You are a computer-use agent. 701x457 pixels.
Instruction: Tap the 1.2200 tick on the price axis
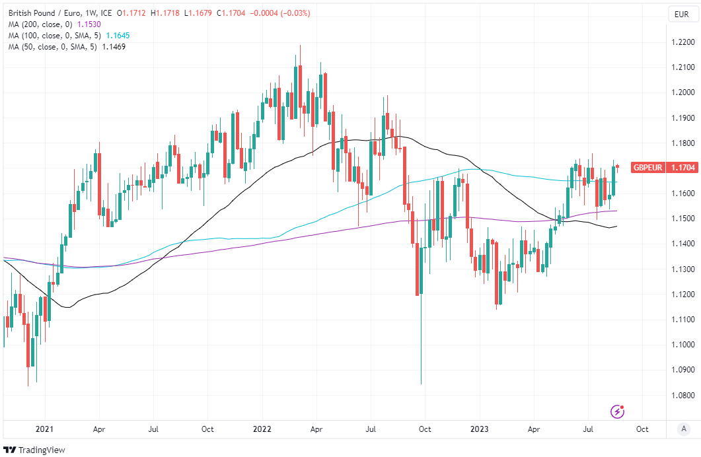681,42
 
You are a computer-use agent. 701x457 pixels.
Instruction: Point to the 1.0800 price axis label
681,395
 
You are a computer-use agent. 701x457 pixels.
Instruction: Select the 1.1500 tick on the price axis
681,219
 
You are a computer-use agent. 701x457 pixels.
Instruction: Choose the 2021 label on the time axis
44,429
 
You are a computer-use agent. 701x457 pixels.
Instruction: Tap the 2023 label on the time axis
480,429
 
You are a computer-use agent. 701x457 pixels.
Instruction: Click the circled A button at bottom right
683,429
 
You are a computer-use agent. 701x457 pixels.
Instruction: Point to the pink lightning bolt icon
617,411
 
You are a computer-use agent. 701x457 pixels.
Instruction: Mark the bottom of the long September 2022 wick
421,384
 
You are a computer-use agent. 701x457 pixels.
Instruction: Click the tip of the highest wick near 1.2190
300,46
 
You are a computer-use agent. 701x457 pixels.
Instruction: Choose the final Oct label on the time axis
641,429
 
